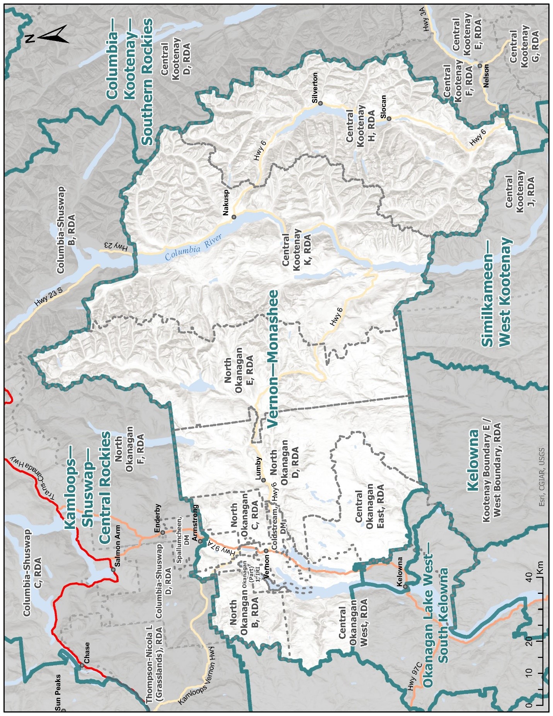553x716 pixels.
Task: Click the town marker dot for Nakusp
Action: [233, 217]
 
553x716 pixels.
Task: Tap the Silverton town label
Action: [315, 87]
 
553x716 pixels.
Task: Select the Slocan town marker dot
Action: [389, 119]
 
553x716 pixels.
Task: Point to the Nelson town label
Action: [486, 76]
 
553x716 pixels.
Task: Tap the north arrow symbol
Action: [48, 35]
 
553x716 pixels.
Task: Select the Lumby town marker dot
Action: [264, 480]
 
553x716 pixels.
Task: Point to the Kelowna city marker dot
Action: [405, 586]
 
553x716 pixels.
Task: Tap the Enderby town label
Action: [158, 518]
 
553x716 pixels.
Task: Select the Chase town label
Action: [87, 653]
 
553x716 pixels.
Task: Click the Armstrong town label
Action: [195, 523]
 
